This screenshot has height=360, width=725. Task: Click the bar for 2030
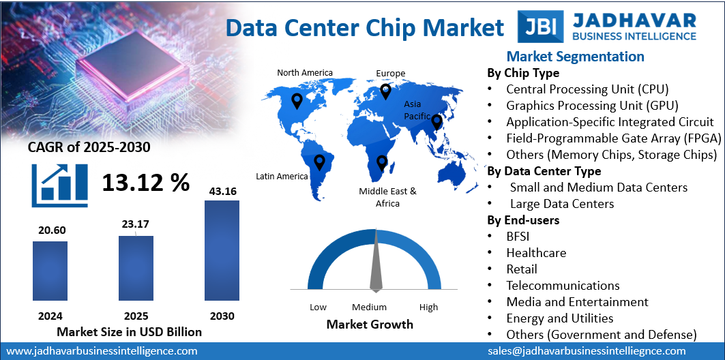pyautogui.click(x=222, y=250)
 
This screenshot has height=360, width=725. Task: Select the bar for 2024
pyautogui.click(x=50, y=271)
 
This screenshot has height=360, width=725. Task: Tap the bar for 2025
pyautogui.click(x=136, y=268)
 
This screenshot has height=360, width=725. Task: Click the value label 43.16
pyautogui.click(x=222, y=192)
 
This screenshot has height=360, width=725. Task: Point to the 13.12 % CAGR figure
pyautogui.click(x=146, y=182)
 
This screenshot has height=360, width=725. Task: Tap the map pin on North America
pyautogui.click(x=297, y=102)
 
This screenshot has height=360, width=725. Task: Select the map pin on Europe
pyautogui.click(x=385, y=91)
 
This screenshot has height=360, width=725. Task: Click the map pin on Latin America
pyautogui.click(x=319, y=162)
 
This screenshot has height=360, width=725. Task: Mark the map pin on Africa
pyautogui.click(x=382, y=162)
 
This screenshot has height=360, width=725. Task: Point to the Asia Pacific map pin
pyautogui.click(x=437, y=123)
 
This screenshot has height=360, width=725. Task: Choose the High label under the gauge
pyautogui.click(x=428, y=307)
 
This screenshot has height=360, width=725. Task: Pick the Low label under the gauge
pyautogui.click(x=318, y=307)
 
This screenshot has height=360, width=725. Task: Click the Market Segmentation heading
pyautogui.click(x=575, y=57)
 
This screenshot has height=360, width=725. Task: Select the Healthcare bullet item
pyautogui.click(x=536, y=252)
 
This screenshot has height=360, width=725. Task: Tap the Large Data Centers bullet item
pyautogui.click(x=562, y=204)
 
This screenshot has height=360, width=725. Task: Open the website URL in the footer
pyautogui.click(x=102, y=351)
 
